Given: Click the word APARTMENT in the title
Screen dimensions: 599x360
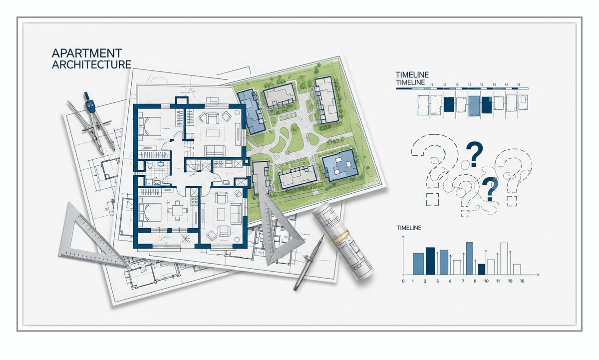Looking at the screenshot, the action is (87, 53).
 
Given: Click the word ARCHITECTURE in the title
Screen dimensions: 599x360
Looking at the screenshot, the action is (91, 64).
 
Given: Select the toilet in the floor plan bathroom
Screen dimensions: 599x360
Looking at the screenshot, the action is (150, 165).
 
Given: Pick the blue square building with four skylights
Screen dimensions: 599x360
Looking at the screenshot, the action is (339, 166).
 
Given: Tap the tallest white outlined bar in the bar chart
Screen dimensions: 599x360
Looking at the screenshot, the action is (504, 259).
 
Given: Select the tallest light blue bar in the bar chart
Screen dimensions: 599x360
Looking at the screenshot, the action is (470, 258).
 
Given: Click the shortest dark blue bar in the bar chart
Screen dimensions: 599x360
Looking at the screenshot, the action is (482, 269).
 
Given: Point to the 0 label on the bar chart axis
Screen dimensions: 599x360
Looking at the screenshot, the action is (403, 281).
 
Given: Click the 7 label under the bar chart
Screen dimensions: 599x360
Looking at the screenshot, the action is (463, 281).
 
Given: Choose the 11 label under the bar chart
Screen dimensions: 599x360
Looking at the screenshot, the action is (498, 281).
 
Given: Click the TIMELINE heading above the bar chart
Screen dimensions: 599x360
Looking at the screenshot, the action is (409, 228).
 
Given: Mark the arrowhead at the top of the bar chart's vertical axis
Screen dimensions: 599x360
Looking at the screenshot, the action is (403, 237).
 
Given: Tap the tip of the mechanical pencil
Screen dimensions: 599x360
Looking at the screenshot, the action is (295, 290).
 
